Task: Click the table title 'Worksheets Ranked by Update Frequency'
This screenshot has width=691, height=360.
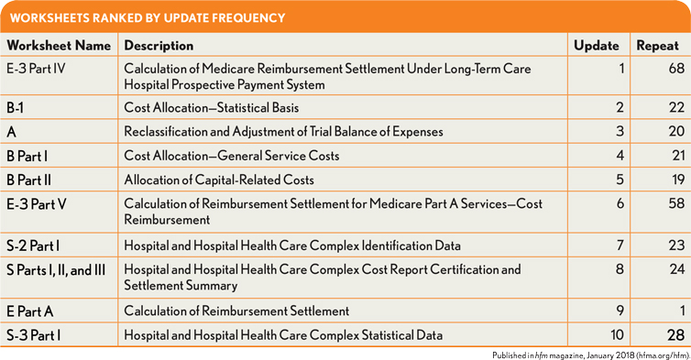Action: [x=148, y=18]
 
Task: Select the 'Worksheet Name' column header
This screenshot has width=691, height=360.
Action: [x=59, y=46]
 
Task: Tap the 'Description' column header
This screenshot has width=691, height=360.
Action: [x=159, y=46]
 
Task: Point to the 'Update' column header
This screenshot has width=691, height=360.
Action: [x=597, y=46]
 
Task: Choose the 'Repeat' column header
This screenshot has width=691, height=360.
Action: [x=657, y=46]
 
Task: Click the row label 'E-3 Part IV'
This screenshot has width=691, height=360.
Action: [x=36, y=69]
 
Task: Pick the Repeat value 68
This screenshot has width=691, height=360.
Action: [x=676, y=69]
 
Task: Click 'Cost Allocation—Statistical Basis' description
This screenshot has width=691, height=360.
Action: [x=212, y=108]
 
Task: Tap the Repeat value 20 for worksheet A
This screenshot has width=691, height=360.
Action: [x=676, y=131]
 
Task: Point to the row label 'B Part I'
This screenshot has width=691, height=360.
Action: [x=27, y=156]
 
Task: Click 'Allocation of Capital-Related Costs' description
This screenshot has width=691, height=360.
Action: [x=219, y=180]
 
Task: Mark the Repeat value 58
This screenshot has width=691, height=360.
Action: [x=676, y=203]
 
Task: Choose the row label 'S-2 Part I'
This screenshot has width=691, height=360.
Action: [x=33, y=245]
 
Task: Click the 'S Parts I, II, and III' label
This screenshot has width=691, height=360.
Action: [x=56, y=270]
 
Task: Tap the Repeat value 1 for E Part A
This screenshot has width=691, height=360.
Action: [x=682, y=311]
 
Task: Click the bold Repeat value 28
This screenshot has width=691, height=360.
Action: [x=676, y=335]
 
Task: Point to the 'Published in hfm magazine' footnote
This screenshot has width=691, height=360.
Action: [x=591, y=355]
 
